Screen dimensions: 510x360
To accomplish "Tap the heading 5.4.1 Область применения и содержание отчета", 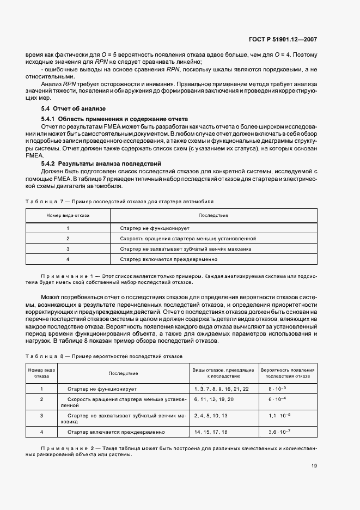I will [114, 118].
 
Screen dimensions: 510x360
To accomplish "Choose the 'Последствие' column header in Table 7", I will [213, 215].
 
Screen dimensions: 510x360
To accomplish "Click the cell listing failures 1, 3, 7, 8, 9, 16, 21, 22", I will [221, 389].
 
